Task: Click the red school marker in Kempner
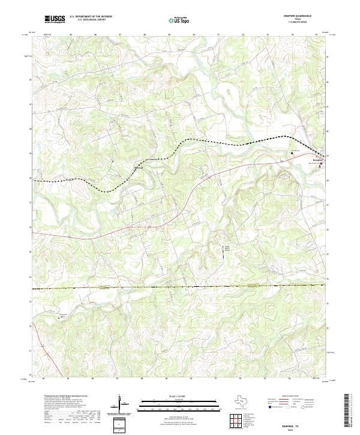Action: pyautogui.click(x=321, y=163)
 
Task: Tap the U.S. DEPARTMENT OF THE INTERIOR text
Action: pyautogui.click(x=91, y=16)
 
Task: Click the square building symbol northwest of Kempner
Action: pyautogui.click(x=292, y=154)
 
